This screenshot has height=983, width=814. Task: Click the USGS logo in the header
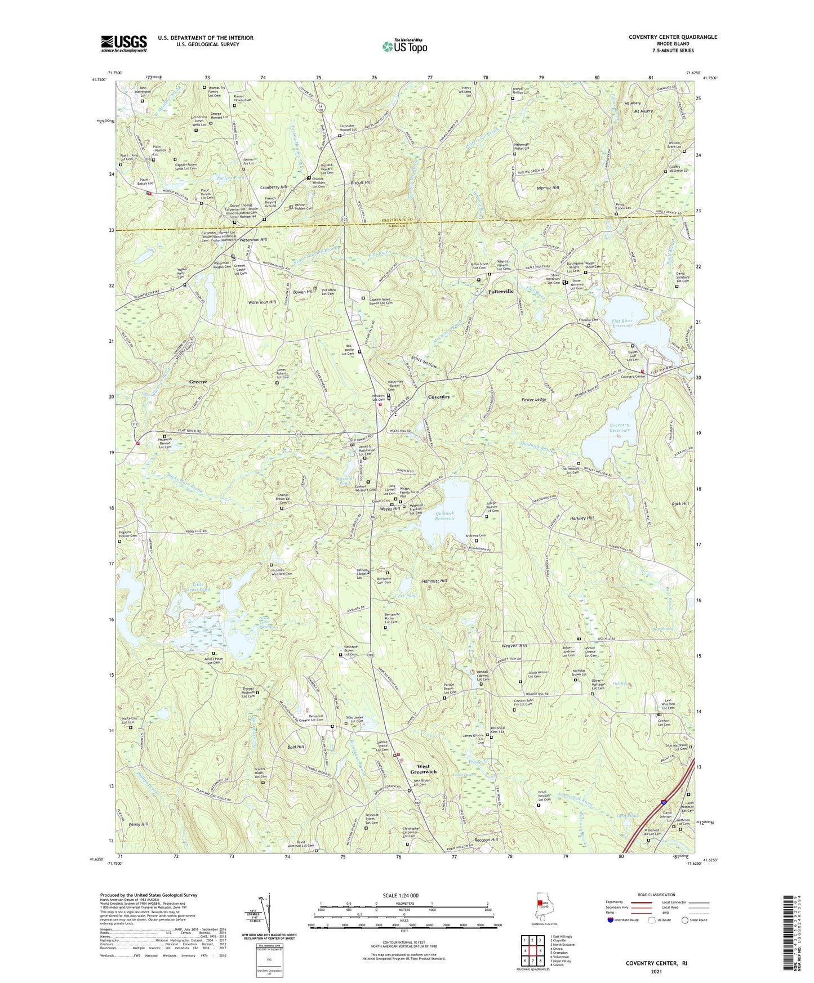tap(124, 43)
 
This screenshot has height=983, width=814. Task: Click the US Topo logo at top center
tap(404, 46)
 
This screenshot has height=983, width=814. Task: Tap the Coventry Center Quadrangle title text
tap(673, 37)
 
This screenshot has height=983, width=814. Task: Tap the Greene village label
tap(198, 382)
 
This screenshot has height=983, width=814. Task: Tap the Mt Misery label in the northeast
tap(643, 111)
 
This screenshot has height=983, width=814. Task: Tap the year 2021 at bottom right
tap(656, 971)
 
